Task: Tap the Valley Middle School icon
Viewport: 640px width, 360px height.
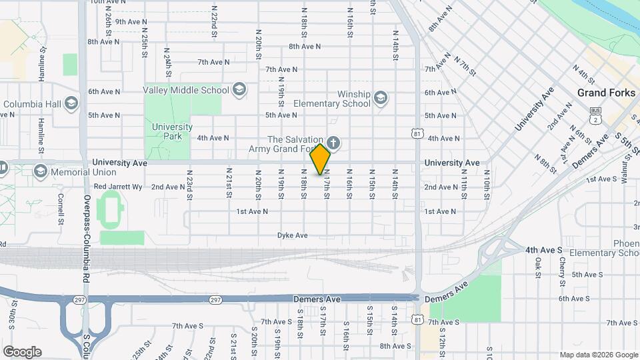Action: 240,89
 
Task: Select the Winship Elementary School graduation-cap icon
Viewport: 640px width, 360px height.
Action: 380,99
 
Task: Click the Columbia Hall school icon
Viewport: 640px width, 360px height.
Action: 72,104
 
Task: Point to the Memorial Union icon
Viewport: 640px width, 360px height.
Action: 40,172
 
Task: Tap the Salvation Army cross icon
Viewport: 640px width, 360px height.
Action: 333,143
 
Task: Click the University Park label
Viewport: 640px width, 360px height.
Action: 172,131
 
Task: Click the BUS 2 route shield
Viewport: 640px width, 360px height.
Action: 595,115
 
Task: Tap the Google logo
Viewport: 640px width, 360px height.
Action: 22,352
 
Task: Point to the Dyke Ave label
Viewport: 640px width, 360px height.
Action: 293,235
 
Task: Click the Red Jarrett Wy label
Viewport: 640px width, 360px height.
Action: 118,187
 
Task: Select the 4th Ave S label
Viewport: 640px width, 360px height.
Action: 541,250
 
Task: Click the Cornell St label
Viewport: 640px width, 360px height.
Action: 60,208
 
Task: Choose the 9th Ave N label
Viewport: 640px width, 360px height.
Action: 131,22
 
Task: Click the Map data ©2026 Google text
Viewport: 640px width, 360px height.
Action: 598,355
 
